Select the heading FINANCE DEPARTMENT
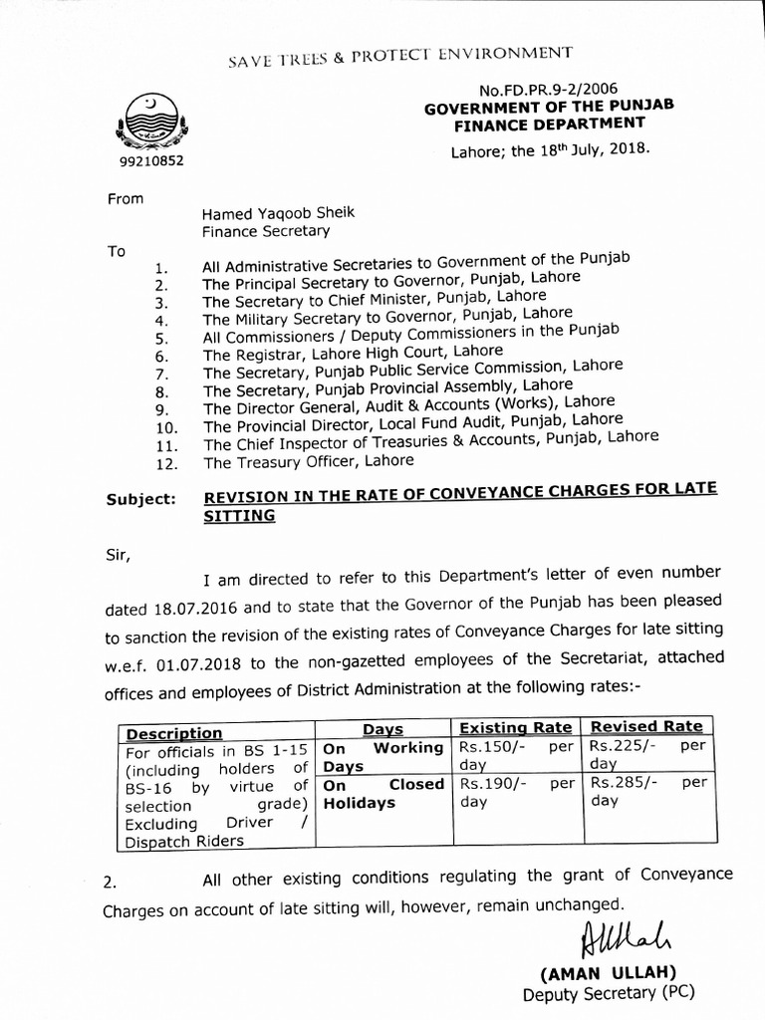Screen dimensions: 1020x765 [550, 125]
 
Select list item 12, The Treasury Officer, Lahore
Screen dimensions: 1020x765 [308, 462]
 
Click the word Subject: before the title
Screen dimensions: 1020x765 [140, 498]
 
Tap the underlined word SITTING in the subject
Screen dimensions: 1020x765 [239, 516]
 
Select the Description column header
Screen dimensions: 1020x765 [174, 733]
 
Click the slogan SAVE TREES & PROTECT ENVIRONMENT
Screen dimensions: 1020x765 [400, 57]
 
